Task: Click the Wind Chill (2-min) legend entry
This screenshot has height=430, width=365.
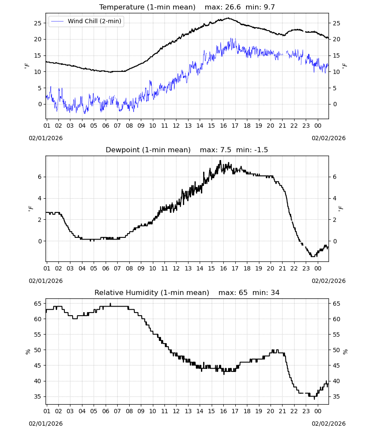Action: click(x=86, y=21)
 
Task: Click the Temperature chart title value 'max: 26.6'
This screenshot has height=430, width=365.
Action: click(x=222, y=7)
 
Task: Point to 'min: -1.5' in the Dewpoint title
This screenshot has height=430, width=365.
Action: click(x=252, y=150)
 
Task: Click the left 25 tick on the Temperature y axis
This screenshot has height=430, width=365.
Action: click(x=37, y=23)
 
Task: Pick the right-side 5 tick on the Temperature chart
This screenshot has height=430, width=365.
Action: click(x=335, y=88)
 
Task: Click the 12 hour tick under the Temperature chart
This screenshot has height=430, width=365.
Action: click(x=176, y=126)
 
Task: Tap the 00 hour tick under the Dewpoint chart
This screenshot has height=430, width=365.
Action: click(x=318, y=268)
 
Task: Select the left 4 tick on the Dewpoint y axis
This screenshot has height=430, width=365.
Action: click(x=40, y=198)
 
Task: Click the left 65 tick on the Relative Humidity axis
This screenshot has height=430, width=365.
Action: click(x=37, y=304)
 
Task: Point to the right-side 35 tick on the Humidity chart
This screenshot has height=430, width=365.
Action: click(x=336, y=396)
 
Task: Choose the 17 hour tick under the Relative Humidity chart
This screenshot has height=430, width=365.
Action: click(x=235, y=411)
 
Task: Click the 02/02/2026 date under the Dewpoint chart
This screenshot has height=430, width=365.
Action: click(x=328, y=281)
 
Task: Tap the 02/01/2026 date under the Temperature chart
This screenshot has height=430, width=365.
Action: click(x=46, y=138)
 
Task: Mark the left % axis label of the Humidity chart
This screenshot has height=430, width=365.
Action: click(x=27, y=352)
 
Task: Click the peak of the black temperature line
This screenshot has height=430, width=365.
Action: click(x=228, y=18)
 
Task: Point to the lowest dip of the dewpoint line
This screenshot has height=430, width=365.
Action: click(x=313, y=256)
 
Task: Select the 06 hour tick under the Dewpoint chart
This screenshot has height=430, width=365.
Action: click(x=106, y=268)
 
